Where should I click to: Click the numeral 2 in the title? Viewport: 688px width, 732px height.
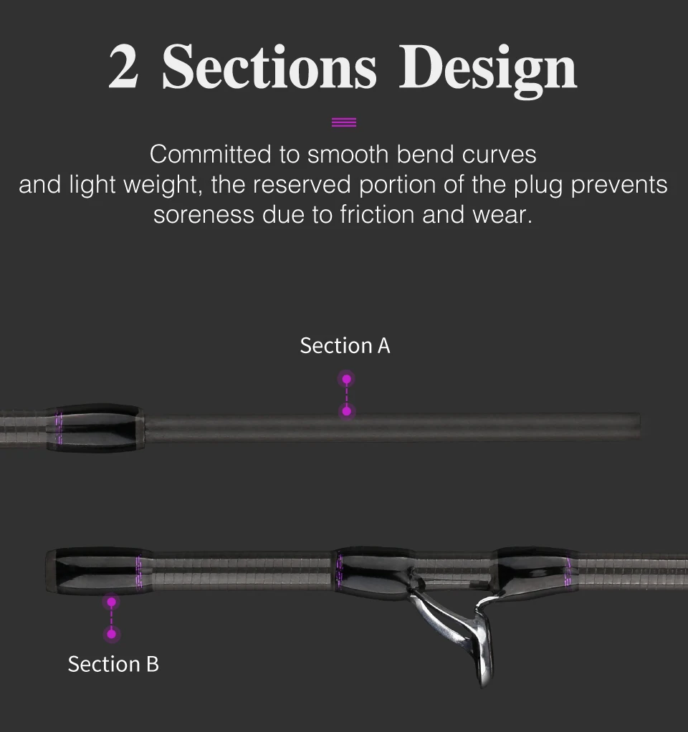tap(123, 68)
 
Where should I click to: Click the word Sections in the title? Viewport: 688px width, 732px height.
tap(269, 68)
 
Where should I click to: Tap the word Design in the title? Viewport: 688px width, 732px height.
tap(487, 69)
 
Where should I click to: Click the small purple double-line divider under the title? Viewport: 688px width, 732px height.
tap(344, 122)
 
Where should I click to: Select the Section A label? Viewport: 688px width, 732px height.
tap(345, 346)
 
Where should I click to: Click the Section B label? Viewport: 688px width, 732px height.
tap(113, 664)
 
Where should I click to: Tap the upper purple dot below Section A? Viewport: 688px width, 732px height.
tap(346, 379)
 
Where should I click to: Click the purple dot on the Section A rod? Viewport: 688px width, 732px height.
tap(346, 411)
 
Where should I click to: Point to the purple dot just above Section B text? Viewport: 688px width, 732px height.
tap(111, 634)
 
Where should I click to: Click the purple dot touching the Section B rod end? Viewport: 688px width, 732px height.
tap(111, 602)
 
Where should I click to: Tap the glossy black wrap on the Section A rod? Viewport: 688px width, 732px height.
tap(97, 428)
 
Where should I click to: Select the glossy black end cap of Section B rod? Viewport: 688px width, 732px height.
tap(93, 571)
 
